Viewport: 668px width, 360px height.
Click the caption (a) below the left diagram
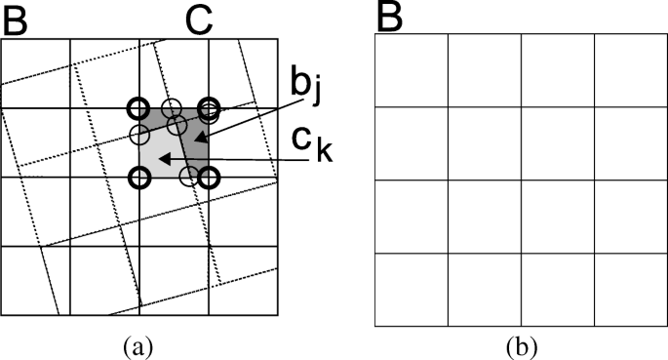138,344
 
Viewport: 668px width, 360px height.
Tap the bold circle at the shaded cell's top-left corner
139,107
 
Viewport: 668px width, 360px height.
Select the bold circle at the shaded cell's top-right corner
207,107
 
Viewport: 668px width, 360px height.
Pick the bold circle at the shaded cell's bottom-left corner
139,177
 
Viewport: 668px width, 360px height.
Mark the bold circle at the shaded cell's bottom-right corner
207,177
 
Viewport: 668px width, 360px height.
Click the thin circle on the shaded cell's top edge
172,108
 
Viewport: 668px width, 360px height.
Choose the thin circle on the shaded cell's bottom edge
191,177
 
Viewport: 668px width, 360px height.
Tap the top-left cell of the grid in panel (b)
412,70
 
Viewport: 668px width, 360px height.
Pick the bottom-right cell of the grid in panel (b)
630,289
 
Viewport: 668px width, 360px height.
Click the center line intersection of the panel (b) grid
521,180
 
